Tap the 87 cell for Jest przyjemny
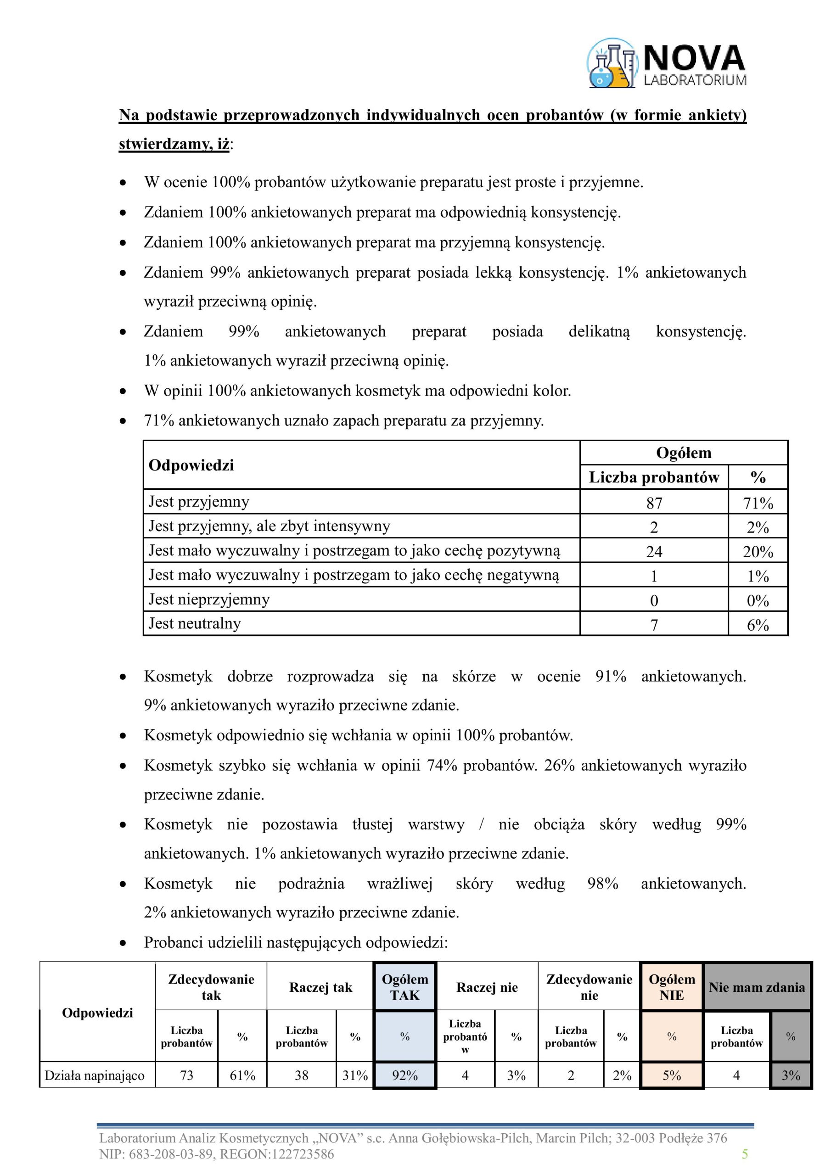[654, 503]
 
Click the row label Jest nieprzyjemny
[209, 599]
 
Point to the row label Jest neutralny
[195, 623]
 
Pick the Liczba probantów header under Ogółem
[654, 477]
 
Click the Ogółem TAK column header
[404, 987]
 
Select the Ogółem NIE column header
[671, 987]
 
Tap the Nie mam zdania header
[756, 987]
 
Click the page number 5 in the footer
[745, 1154]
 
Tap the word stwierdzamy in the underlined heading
[162, 144]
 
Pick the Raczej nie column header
[487, 987]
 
